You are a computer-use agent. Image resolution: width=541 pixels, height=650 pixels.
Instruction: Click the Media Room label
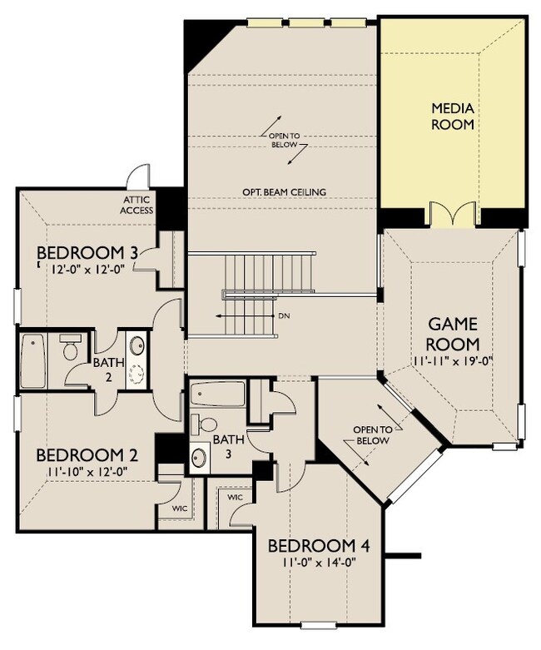click(x=452, y=117)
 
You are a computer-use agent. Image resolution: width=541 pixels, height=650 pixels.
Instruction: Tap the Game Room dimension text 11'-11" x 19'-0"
click(x=452, y=360)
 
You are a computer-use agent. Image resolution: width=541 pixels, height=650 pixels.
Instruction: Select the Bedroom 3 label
click(x=87, y=252)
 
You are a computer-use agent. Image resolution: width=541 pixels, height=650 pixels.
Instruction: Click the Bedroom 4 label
click(x=319, y=546)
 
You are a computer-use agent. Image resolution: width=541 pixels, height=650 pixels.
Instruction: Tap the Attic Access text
click(x=136, y=206)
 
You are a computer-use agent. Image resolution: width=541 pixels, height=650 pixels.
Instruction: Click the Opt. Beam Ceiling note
click(x=284, y=192)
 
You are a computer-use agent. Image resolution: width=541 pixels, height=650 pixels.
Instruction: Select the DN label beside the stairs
click(x=284, y=316)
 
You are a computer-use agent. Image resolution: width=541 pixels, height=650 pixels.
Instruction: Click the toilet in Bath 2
click(x=69, y=347)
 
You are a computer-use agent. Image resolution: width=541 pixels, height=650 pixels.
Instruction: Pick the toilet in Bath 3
click(x=205, y=424)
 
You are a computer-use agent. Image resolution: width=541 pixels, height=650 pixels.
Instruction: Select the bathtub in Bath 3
click(x=217, y=394)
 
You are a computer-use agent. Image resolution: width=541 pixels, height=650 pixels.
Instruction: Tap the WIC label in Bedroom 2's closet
click(x=179, y=509)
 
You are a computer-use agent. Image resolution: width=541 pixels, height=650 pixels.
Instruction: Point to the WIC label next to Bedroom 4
click(x=235, y=497)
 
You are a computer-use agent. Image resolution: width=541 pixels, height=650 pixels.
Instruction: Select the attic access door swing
click(x=137, y=176)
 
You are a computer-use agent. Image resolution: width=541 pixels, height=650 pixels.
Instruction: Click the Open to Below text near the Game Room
click(x=373, y=434)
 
